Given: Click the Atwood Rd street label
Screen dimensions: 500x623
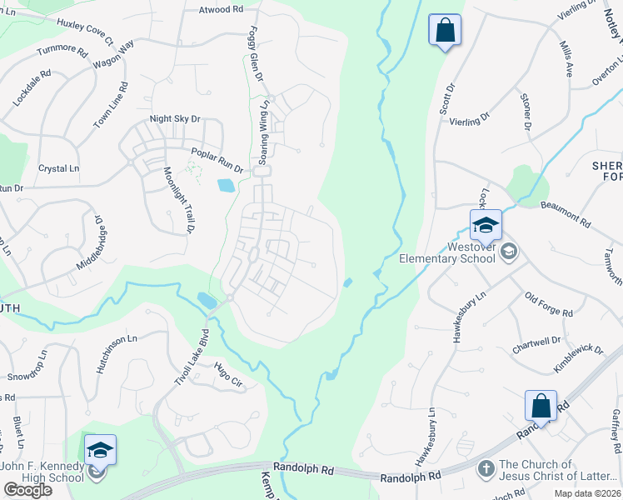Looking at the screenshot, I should [220, 10].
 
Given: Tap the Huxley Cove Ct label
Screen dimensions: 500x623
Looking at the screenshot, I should [84, 29].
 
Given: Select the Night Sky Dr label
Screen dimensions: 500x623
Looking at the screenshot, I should [175, 119].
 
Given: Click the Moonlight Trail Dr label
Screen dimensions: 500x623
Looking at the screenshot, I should [178, 199].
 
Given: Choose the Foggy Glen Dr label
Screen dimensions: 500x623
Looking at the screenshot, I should [256, 53].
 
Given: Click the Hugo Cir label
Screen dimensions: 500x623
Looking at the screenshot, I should [227, 376].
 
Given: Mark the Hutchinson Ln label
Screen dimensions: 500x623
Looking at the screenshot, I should [115, 353].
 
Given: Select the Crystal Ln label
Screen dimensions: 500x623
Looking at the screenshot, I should [58, 168].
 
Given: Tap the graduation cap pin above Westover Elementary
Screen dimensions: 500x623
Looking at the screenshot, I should [486, 224].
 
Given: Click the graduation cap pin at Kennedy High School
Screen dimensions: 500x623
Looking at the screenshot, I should [100, 450].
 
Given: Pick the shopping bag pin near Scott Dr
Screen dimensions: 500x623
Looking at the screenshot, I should [445, 30].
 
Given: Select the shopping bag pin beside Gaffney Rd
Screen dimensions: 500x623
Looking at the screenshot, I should [541, 406].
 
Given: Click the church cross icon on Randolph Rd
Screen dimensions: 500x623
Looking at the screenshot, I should [486, 469].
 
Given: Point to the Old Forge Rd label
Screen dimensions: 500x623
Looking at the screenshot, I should [549, 304].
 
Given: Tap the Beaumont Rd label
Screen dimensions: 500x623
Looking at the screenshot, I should [565, 213].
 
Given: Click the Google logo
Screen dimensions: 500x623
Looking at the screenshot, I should [27, 490].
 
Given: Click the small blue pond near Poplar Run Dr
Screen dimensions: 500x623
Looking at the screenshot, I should [225, 185].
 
